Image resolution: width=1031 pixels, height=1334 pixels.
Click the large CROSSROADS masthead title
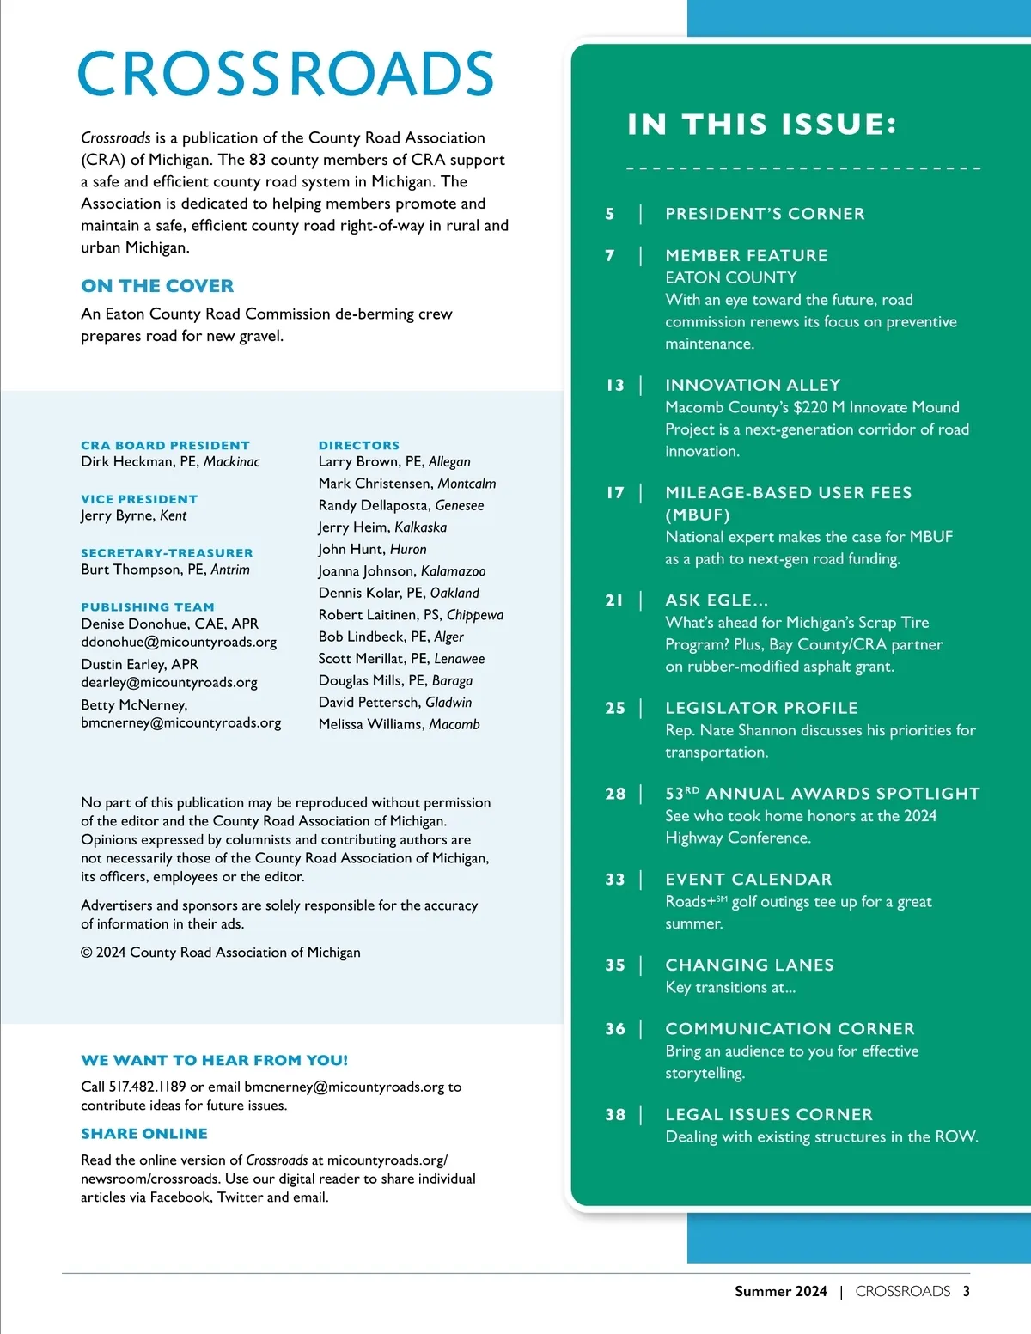[x=285, y=74]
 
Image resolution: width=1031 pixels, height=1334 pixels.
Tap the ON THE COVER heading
[x=157, y=286]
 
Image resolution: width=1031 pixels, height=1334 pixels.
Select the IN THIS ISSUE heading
[x=762, y=125]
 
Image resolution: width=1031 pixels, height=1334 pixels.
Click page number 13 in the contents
[x=615, y=385]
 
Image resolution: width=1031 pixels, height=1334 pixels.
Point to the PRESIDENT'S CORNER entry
[x=765, y=214]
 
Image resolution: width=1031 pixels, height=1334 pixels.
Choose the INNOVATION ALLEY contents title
[x=753, y=385]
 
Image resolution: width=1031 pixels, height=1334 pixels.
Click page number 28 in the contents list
[x=615, y=794]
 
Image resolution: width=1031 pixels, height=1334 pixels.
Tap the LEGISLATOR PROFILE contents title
[x=761, y=708]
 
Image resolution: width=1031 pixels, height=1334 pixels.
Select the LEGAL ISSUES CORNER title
[x=769, y=1114]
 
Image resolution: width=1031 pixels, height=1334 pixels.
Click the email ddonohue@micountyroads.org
[x=179, y=642]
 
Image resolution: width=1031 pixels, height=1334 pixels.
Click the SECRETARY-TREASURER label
[x=167, y=553]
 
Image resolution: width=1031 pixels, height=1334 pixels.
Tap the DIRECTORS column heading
[x=359, y=445]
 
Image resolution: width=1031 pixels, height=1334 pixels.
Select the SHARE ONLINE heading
[x=144, y=1134]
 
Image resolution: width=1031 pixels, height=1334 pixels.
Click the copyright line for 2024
[x=221, y=953]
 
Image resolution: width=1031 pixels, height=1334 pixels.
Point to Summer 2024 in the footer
[x=780, y=1291]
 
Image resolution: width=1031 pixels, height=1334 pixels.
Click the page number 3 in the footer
[x=966, y=1291]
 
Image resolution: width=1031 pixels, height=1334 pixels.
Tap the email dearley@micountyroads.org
[x=169, y=682]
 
